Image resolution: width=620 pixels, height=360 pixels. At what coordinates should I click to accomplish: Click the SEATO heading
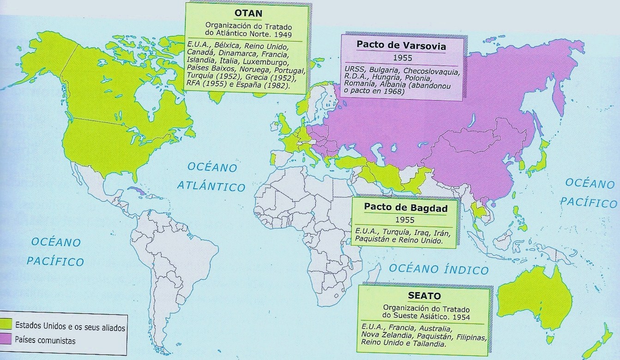pos(424,295)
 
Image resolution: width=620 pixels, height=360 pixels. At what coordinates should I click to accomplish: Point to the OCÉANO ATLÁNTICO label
pos(211,176)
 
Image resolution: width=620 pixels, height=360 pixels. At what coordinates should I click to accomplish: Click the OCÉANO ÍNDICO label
pos(438,269)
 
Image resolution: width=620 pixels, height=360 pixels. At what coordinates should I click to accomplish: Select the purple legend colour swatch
pos(6,340)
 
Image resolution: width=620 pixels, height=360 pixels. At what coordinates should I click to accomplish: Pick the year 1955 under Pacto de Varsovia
pos(402,59)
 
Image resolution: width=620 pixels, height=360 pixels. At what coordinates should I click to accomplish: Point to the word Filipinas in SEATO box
pos(471,337)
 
